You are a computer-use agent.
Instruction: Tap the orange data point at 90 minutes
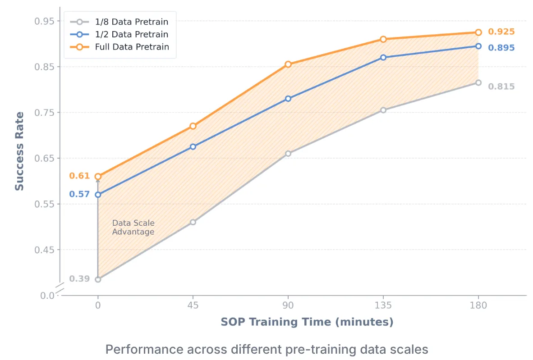click(288, 64)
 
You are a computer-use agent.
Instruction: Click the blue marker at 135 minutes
click(383, 58)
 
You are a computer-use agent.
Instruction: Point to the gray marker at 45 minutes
click(193, 222)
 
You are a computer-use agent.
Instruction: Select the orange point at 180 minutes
click(478, 32)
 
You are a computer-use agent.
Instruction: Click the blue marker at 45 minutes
click(193, 147)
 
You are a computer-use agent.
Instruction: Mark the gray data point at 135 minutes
click(383, 110)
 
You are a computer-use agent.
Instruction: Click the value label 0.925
click(501, 32)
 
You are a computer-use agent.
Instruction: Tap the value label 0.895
click(501, 48)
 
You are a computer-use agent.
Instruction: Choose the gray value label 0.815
click(501, 87)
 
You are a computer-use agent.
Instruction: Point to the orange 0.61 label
click(79, 176)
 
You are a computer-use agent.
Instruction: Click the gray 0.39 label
click(79, 279)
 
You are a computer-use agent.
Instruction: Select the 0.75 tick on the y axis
click(44, 113)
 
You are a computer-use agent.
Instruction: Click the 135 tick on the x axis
click(383, 305)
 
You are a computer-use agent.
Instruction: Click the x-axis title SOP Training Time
click(307, 322)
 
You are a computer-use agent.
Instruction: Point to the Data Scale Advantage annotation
click(133, 228)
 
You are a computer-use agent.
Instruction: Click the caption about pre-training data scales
click(266, 349)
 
